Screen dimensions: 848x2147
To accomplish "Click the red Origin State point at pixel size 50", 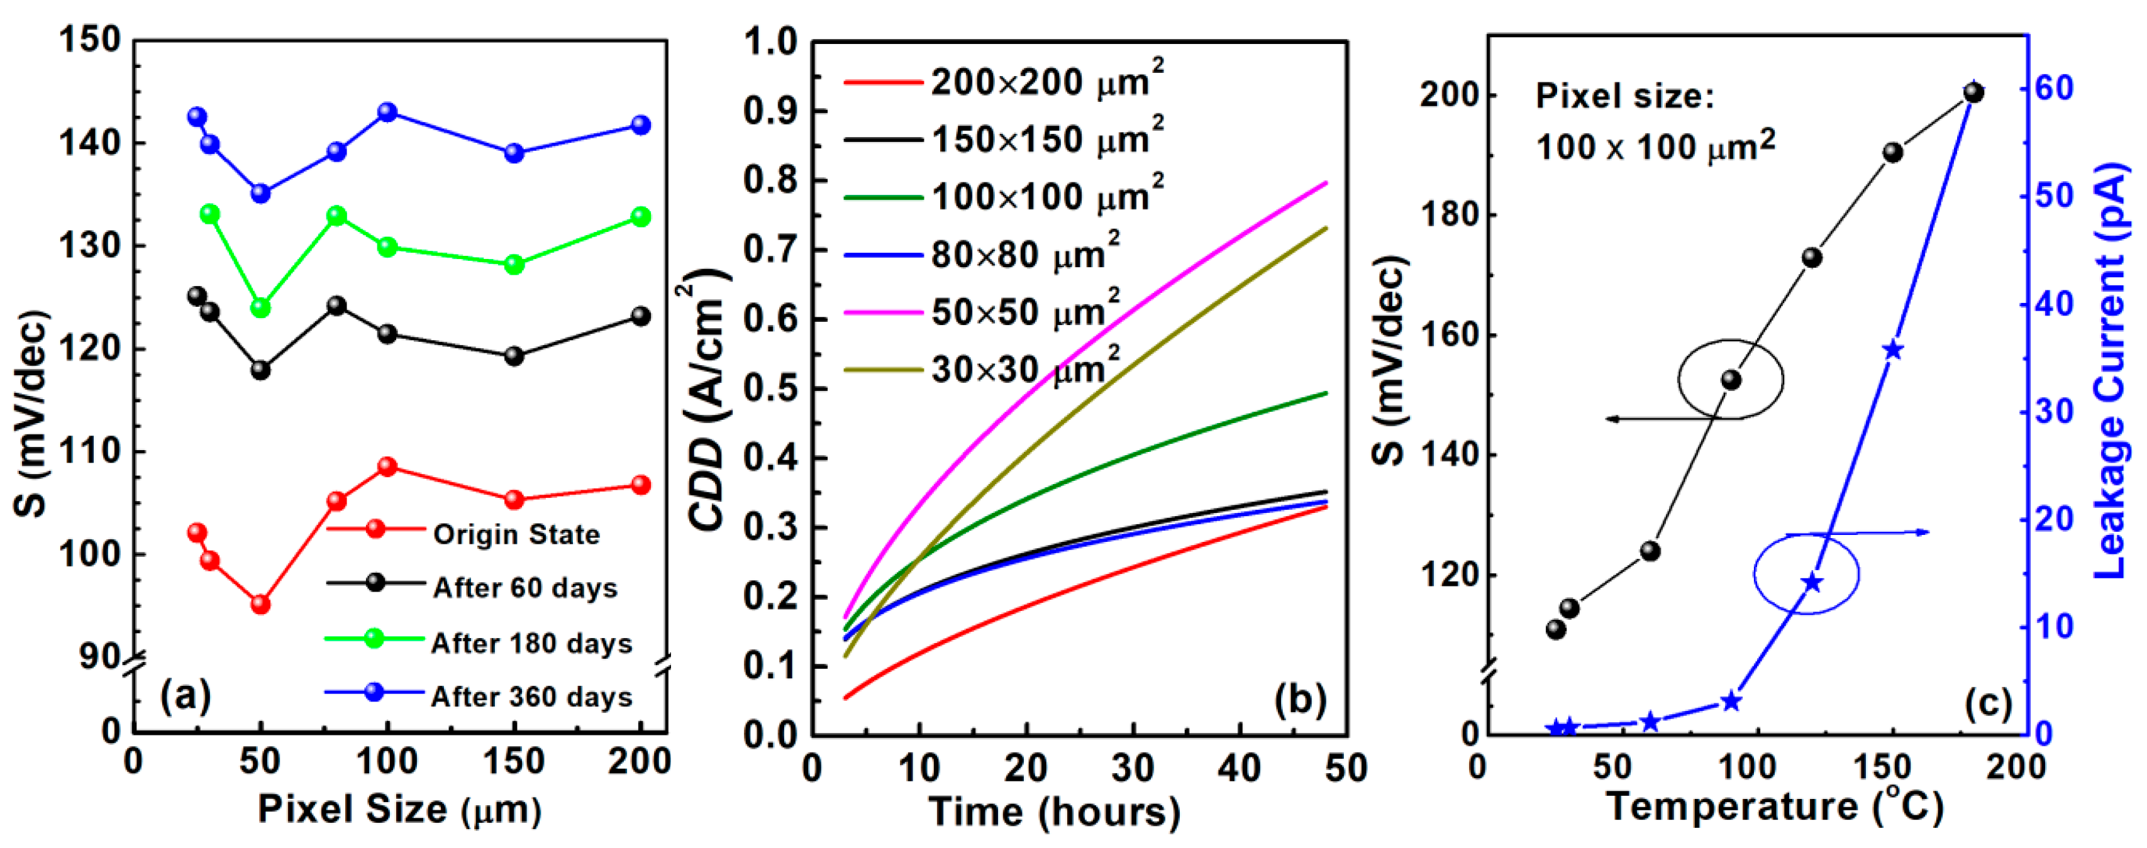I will (x=261, y=604).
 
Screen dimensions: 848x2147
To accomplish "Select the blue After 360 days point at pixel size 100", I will (x=387, y=112).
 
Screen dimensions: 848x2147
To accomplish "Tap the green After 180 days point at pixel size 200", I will (x=640, y=217).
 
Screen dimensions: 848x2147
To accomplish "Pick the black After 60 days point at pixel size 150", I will (x=514, y=356).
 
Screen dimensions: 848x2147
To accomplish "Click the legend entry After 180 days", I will (x=532, y=643).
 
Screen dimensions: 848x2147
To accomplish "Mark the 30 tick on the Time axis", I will (x=1133, y=767).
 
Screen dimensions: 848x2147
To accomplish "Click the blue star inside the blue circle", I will (x=1811, y=582).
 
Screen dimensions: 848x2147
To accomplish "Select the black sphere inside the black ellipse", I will (x=1731, y=380).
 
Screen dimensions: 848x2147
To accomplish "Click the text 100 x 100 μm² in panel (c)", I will (x=1655, y=146).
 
